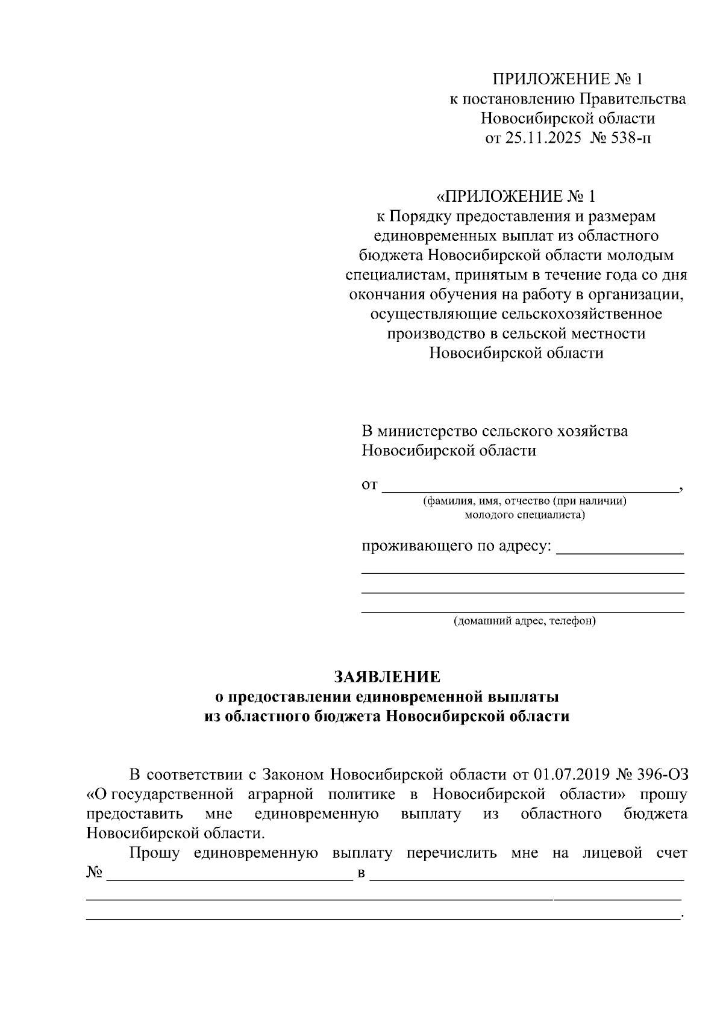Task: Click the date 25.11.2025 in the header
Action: [543, 138]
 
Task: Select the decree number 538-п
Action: [629, 138]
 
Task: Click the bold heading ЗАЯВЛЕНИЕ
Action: [387, 677]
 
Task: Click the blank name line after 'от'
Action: [530, 487]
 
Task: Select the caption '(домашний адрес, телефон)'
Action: [524, 621]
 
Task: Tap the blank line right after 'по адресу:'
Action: [619, 548]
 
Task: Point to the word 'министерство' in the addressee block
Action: [428, 431]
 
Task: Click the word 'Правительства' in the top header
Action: [633, 99]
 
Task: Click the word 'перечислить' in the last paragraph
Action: [451, 853]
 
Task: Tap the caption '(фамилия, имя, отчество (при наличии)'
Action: [524, 501]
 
